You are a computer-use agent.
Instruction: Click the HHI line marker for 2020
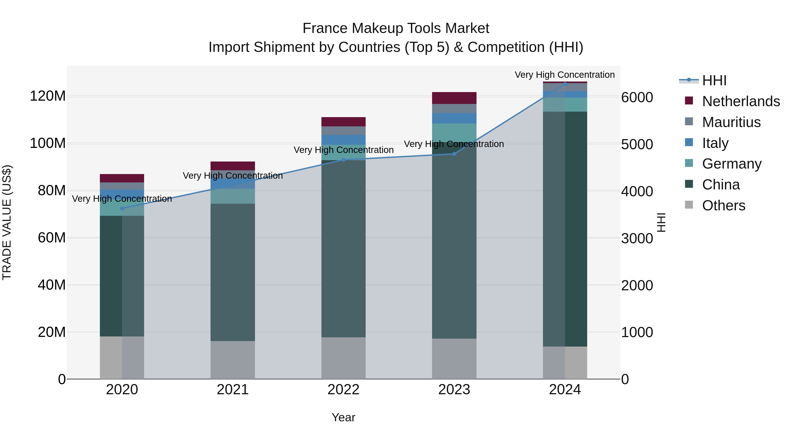122,209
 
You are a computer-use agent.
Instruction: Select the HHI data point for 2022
343,160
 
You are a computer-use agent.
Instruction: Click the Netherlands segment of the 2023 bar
454,98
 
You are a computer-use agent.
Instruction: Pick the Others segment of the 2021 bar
233,360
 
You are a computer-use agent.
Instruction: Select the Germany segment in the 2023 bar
454,133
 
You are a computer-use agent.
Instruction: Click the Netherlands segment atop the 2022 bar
343,122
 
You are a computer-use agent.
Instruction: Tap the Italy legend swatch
689,142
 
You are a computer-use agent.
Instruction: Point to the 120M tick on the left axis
48,96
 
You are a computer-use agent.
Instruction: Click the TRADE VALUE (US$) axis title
7,222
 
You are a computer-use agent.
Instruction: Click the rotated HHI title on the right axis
661,222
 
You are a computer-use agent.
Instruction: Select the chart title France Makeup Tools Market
396,28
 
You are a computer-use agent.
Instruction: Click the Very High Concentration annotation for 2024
565,75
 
